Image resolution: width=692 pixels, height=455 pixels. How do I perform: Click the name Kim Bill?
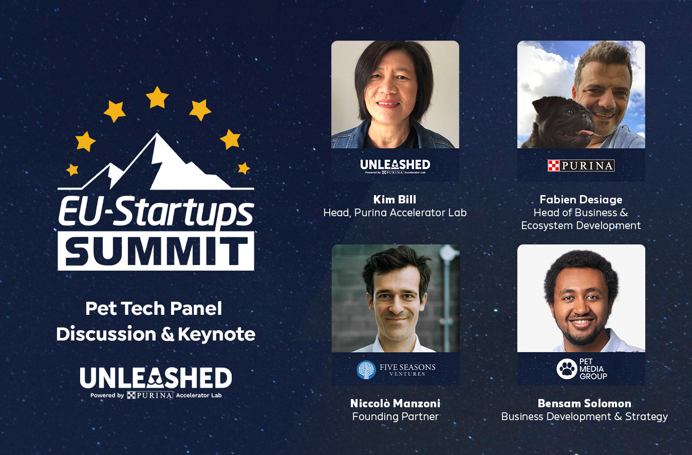pos(395,200)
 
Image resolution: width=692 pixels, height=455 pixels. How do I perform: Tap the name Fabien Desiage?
pos(581,200)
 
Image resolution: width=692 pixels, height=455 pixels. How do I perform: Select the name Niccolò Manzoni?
pos(395,404)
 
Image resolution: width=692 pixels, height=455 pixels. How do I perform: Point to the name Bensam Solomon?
pos(584,404)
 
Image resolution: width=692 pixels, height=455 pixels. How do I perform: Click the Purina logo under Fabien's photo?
pos(581,165)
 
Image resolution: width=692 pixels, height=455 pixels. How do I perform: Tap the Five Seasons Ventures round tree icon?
pos(366,370)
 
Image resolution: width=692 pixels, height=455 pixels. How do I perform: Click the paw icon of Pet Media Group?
pos(567,369)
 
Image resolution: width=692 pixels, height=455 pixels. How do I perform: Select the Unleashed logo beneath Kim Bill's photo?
pos(395,166)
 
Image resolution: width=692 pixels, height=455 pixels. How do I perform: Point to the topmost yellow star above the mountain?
pos(157,97)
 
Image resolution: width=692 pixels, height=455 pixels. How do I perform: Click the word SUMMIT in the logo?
pos(156,251)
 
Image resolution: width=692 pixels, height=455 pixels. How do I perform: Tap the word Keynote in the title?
pos(217,334)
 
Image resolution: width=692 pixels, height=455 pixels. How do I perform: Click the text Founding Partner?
pos(395,416)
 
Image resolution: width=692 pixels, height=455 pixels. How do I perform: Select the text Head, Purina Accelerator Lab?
pos(395,213)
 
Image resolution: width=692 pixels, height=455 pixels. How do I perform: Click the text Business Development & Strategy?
pos(584,416)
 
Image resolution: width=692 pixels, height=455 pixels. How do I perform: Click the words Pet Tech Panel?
pos(154,309)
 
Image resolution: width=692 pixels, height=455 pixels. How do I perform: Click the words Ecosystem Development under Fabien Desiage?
pos(581,226)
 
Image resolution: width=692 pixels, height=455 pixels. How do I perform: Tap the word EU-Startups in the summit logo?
pos(156,211)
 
